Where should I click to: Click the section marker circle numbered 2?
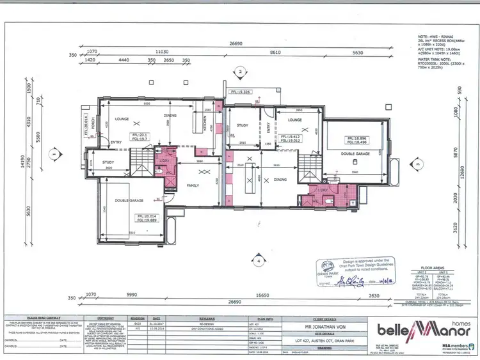239,73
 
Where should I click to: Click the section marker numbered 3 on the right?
417,164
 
